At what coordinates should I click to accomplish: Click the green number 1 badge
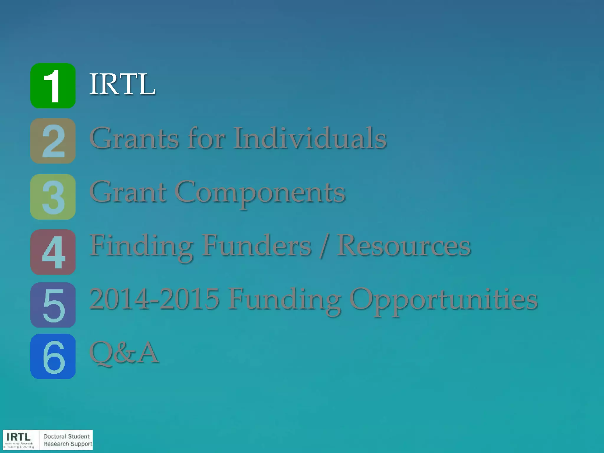click(53, 86)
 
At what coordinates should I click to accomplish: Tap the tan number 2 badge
click(53, 141)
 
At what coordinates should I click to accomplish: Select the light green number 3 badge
click(53, 197)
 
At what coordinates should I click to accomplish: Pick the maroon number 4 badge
click(53, 252)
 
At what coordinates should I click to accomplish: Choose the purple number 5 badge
click(53, 305)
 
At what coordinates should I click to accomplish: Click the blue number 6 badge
click(53, 356)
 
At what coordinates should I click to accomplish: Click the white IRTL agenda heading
click(122, 84)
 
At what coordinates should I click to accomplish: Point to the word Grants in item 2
click(134, 138)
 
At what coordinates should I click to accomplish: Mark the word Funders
click(257, 246)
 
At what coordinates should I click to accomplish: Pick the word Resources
click(404, 246)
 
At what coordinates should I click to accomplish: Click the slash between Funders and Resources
click(324, 246)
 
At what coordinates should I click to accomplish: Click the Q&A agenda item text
click(124, 352)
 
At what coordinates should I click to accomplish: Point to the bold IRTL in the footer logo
click(18, 437)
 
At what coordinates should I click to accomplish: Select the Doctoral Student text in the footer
click(66, 436)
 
